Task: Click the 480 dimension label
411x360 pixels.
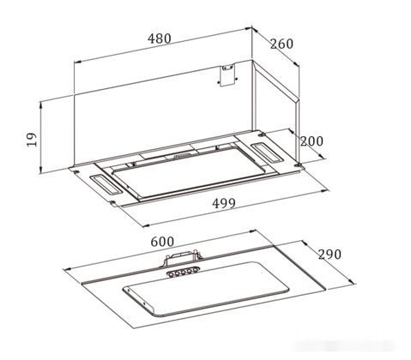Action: pyautogui.click(x=160, y=39)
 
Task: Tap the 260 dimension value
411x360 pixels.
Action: pyautogui.click(x=281, y=44)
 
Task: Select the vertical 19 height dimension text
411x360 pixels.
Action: pyautogui.click(x=32, y=140)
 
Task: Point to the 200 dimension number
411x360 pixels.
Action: pyautogui.click(x=311, y=141)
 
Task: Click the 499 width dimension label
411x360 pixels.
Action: pyautogui.click(x=224, y=203)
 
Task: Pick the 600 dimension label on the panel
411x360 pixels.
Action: pyautogui.click(x=162, y=242)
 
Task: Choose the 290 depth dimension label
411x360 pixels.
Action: pyautogui.click(x=329, y=254)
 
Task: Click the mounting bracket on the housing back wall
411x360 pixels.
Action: pyautogui.click(x=227, y=75)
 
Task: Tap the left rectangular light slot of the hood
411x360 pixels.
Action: pyautogui.click(x=106, y=184)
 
